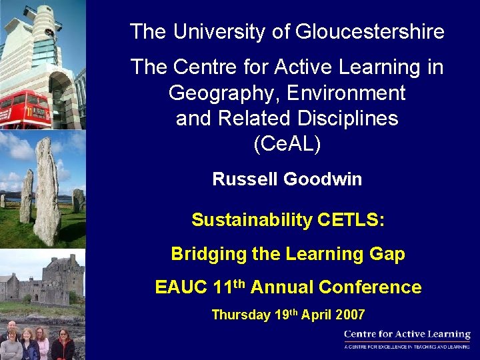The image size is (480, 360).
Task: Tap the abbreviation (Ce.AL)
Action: [287, 144]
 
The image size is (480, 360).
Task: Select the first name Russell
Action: [245, 179]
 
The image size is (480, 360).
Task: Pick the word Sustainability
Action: [251, 220]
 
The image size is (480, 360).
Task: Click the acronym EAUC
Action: [181, 287]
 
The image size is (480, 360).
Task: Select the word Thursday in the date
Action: [241, 315]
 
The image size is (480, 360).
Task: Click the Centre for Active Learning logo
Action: [407, 338]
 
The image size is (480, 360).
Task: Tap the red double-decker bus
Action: [25, 110]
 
